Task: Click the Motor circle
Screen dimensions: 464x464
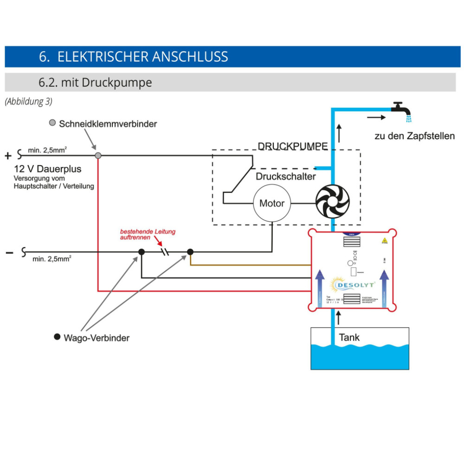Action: tap(271, 203)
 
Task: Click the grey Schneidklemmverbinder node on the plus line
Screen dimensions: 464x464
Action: tap(98, 155)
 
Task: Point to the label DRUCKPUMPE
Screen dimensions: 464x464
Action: tap(292, 146)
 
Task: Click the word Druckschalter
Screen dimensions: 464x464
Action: tap(285, 177)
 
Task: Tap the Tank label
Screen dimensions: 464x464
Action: tap(349, 337)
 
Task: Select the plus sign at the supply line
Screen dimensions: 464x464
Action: tap(8, 156)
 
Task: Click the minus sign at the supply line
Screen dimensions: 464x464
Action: tap(9, 252)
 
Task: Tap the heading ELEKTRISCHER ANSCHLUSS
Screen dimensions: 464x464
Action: tap(134, 57)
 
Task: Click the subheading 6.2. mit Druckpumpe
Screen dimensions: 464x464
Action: tap(95, 83)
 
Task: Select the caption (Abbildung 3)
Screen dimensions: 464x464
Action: tap(28, 102)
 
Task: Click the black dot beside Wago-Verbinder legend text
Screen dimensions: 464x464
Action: tap(57, 336)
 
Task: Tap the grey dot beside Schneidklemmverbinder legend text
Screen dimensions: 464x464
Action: tap(52, 123)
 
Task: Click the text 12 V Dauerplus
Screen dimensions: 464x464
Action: tap(47, 169)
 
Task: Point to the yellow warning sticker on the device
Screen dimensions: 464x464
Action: tap(384, 240)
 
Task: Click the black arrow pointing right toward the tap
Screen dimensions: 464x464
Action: tap(376, 117)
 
